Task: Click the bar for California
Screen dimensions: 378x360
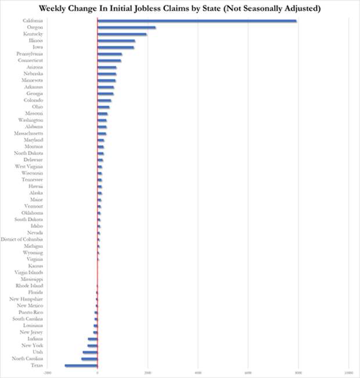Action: click(x=197, y=21)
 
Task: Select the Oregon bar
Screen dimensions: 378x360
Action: click(x=127, y=27)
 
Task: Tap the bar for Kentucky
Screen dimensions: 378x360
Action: click(x=122, y=34)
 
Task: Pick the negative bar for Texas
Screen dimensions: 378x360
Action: click(x=81, y=365)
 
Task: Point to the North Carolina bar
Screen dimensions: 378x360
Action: click(x=89, y=359)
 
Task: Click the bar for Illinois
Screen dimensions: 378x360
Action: click(x=116, y=41)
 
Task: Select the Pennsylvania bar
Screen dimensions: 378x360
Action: click(x=110, y=54)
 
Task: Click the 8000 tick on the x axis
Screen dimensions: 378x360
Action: click(x=298, y=372)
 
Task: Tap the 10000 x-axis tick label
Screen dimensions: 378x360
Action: click(x=348, y=372)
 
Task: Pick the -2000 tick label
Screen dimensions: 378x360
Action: click(x=48, y=372)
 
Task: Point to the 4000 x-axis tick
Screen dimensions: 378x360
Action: click(x=198, y=372)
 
